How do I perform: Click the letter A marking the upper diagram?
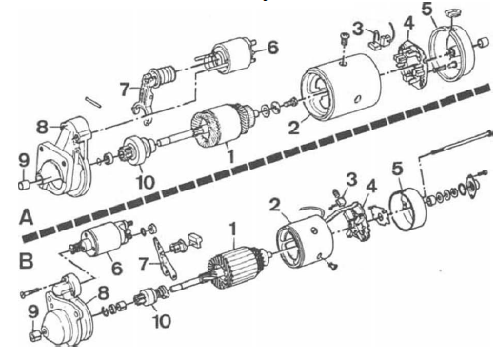point(26,218)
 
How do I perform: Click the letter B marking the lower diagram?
point(26,261)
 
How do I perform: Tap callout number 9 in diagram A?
point(25,160)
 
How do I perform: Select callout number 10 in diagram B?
point(162,321)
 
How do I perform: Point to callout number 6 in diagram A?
point(272,48)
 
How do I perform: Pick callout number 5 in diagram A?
point(427,10)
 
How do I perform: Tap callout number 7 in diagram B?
point(144,264)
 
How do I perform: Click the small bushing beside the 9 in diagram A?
point(24,184)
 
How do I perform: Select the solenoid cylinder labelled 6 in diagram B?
point(101,239)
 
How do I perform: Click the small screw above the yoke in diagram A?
point(344,39)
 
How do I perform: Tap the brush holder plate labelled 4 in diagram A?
point(409,65)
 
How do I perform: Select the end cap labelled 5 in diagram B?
point(407,209)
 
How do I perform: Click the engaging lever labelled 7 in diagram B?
point(165,257)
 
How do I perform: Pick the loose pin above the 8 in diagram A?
point(92,102)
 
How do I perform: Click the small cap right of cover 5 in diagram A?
point(483,43)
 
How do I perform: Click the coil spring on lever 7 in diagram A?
point(166,76)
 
